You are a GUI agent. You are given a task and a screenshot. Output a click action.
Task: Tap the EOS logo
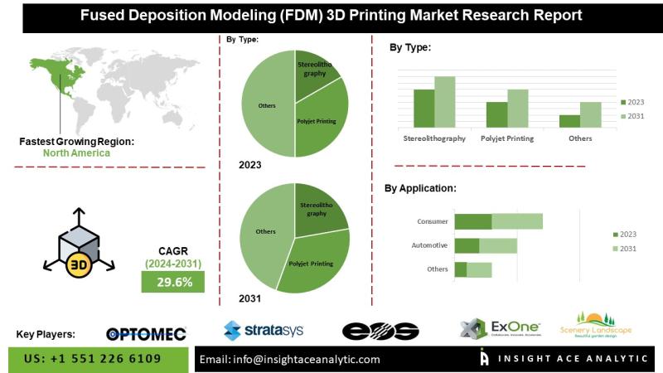tap(380, 332)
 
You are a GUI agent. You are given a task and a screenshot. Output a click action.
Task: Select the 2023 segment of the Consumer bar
tap(473, 221)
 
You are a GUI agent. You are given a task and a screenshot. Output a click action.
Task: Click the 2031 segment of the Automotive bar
tap(498, 245)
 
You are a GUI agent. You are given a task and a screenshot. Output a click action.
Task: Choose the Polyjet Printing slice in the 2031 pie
tap(313, 262)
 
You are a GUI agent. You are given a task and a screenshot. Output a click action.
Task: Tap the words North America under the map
tap(76, 153)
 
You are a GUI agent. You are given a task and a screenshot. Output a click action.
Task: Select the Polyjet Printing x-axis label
tap(507, 138)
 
